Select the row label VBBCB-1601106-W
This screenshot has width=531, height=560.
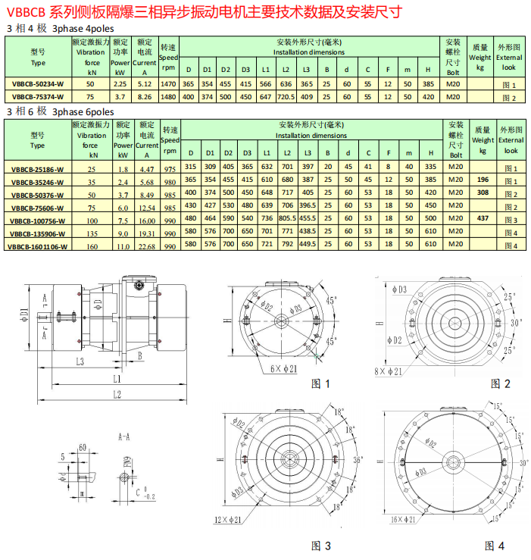click(37, 246)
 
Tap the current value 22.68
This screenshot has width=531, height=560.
click(146, 246)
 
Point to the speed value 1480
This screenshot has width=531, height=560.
click(169, 97)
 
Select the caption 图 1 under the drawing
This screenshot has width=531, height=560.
click(321, 383)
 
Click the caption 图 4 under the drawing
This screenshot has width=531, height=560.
click(495, 545)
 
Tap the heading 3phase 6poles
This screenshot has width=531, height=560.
click(83, 111)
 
